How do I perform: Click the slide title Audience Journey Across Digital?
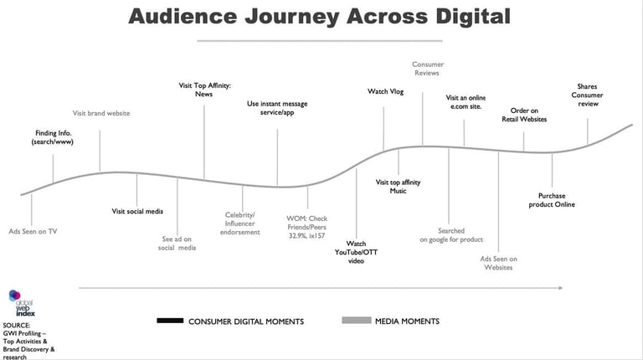319,17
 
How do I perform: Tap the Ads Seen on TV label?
33,231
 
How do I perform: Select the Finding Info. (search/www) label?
51,137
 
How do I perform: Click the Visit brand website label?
100,113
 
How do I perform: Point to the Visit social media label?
137,211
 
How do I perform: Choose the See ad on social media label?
177,243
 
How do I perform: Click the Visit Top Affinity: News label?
205,90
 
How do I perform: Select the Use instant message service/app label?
277,108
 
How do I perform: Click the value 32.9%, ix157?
307,236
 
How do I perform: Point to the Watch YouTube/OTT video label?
356,251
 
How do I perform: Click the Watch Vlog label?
385,91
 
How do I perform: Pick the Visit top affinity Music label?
398,186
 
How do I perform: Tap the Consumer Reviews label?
428,69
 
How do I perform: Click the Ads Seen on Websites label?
498,263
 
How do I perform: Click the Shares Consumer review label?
587,95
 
